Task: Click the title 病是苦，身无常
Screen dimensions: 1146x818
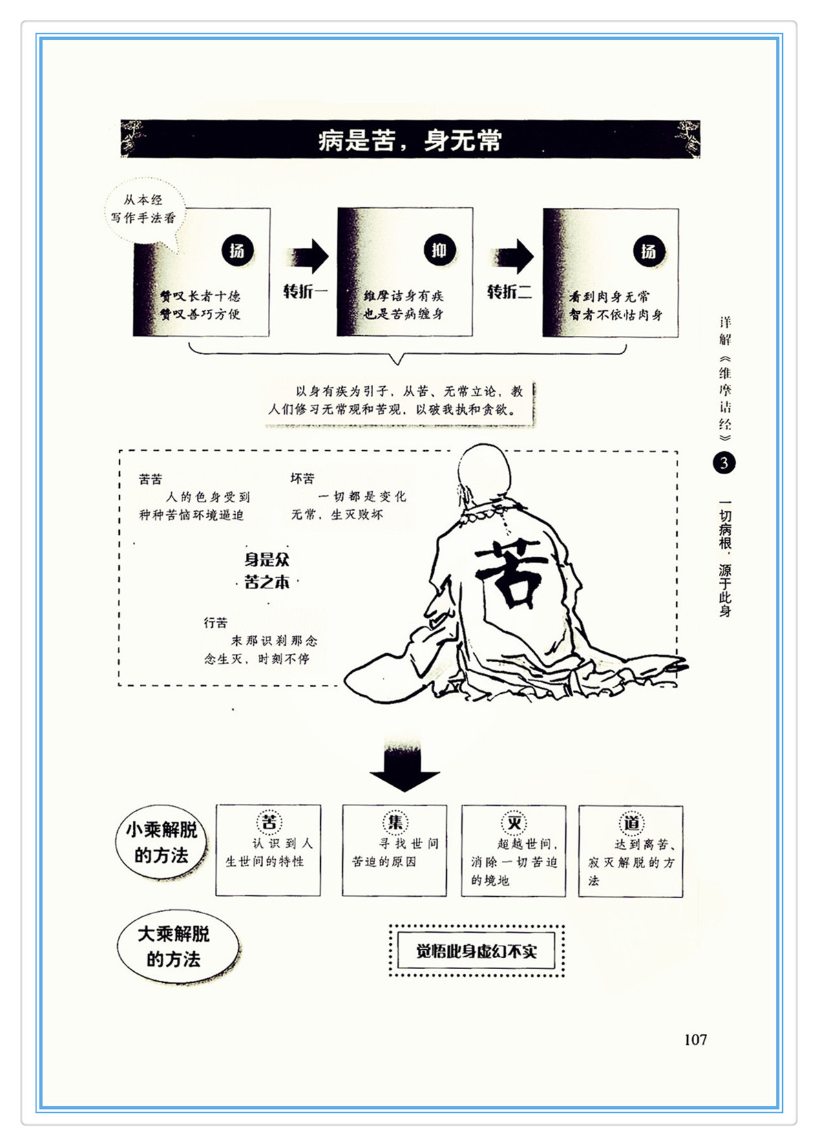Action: point(410,140)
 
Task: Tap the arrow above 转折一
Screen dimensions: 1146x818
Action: point(308,257)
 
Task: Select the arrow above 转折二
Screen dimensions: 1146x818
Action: point(513,257)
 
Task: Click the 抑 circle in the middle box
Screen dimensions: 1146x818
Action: point(439,251)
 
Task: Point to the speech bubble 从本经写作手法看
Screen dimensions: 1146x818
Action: point(144,209)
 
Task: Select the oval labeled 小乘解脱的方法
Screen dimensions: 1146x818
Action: point(161,842)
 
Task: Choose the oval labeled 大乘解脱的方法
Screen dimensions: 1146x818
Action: point(176,947)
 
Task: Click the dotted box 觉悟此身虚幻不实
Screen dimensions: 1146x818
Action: point(476,951)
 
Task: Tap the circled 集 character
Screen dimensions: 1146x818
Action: point(395,822)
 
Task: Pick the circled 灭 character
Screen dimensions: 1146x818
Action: point(514,823)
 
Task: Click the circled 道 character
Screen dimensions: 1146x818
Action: point(631,823)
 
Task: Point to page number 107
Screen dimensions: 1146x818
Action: point(695,1039)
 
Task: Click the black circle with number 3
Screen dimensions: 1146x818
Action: point(724,463)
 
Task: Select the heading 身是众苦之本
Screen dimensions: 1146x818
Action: point(267,571)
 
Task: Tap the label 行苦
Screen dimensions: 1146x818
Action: point(216,623)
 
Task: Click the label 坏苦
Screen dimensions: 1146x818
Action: point(302,478)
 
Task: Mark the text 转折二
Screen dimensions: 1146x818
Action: point(509,292)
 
